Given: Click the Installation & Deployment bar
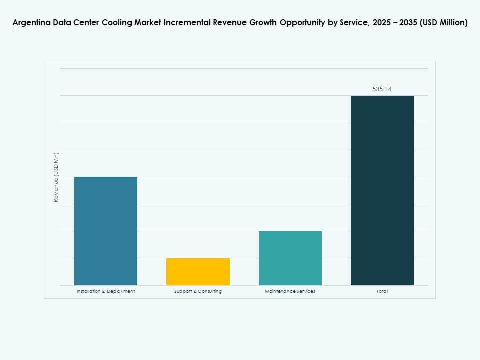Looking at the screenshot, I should pyautogui.click(x=106, y=231).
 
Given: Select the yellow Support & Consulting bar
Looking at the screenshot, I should pyautogui.click(x=198, y=271).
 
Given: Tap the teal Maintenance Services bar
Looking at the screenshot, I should pyautogui.click(x=290, y=258).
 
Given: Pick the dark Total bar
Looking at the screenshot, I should pyautogui.click(x=382, y=190).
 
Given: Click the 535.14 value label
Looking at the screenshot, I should pyautogui.click(x=382, y=89).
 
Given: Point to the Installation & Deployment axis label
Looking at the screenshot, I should pyautogui.click(x=106, y=291).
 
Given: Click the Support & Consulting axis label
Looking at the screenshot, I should pyautogui.click(x=198, y=291).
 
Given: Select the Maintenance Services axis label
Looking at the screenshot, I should pyautogui.click(x=290, y=291).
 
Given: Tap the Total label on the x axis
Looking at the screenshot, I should pyautogui.click(x=382, y=291).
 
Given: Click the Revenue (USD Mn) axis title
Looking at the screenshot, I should pyautogui.click(x=56, y=177).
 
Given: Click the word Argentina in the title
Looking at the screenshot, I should pyautogui.click(x=30, y=23).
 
